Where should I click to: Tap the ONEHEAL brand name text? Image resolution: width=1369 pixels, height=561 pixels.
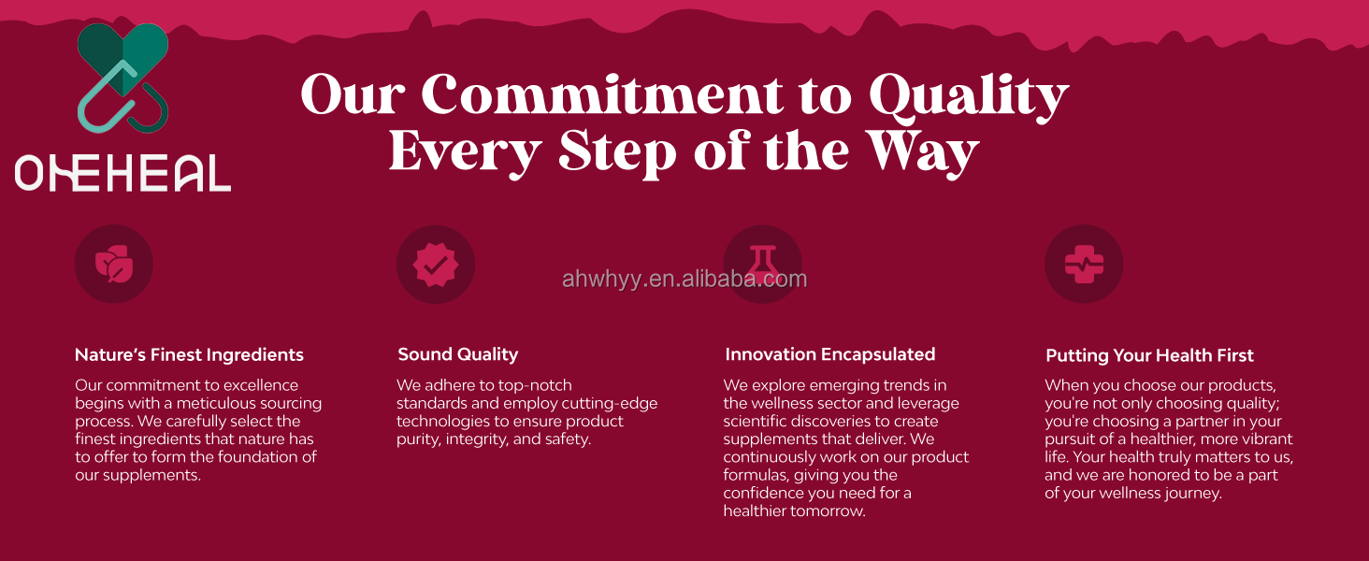122,173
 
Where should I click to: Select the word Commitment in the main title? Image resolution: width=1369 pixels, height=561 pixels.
602,94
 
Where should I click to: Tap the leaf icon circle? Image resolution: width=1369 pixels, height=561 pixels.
114,264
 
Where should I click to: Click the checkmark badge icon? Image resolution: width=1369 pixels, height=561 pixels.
436,265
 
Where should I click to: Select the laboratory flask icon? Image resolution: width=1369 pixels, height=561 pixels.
763,264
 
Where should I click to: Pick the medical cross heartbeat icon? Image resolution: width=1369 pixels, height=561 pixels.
1084,264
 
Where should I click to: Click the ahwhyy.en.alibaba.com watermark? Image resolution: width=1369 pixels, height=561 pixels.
684,280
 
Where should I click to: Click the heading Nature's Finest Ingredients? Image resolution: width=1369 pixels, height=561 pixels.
189,355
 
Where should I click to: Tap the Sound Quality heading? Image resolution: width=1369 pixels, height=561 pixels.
458,354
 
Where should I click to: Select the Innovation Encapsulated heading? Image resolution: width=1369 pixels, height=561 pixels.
830,354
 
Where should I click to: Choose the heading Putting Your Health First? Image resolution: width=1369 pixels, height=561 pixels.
1149,355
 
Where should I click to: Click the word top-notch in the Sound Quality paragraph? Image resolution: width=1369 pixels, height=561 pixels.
536,385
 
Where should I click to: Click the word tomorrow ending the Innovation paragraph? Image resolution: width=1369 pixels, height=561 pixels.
829,511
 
